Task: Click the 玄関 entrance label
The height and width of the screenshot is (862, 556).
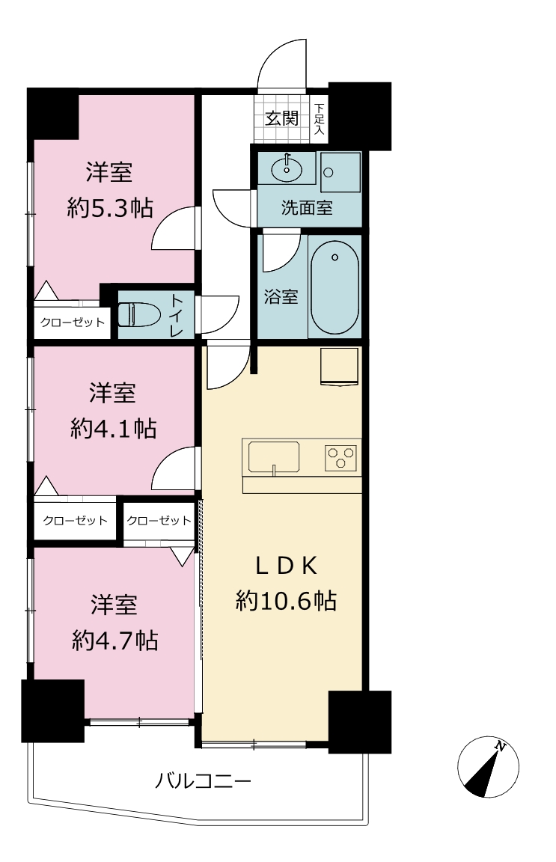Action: pyautogui.click(x=281, y=118)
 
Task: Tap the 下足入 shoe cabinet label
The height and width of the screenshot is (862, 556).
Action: pyautogui.click(x=320, y=119)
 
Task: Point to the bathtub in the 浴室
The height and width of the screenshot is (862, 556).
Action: pyautogui.click(x=334, y=287)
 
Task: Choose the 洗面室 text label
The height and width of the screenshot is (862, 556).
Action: pyautogui.click(x=307, y=208)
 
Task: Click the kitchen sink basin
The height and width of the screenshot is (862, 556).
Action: pyautogui.click(x=274, y=457)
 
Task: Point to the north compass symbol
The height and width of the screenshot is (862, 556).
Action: pyautogui.click(x=488, y=766)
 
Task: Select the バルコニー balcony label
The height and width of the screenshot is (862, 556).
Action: pyautogui.click(x=203, y=780)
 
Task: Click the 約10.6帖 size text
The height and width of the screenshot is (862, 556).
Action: pyautogui.click(x=286, y=601)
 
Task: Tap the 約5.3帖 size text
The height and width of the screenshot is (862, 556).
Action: pyautogui.click(x=110, y=208)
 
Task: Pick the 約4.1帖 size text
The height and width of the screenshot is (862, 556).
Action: pyautogui.click(x=113, y=429)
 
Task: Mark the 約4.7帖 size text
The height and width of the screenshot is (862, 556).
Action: pyautogui.click(x=115, y=641)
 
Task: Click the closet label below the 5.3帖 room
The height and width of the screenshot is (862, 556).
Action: pyautogui.click(x=72, y=323)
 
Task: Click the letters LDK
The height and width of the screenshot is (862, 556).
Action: pyautogui.click(x=286, y=566)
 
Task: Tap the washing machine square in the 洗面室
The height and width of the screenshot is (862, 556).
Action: pyautogui.click(x=340, y=171)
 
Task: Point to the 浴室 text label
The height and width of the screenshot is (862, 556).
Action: pyautogui.click(x=281, y=297)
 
